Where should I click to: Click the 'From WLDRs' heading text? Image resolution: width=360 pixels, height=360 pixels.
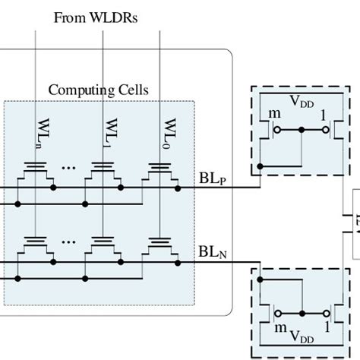pyautogui.click(x=96, y=17)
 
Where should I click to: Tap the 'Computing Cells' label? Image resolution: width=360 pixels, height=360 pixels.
pyautogui.click(x=99, y=90)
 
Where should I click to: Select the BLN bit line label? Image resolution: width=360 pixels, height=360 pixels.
pyautogui.click(x=212, y=250)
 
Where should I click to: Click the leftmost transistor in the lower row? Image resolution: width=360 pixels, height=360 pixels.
pyautogui.click(x=35, y=248)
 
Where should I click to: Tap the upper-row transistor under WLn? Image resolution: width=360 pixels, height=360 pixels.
pyautogui.click(x=35, y=174)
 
